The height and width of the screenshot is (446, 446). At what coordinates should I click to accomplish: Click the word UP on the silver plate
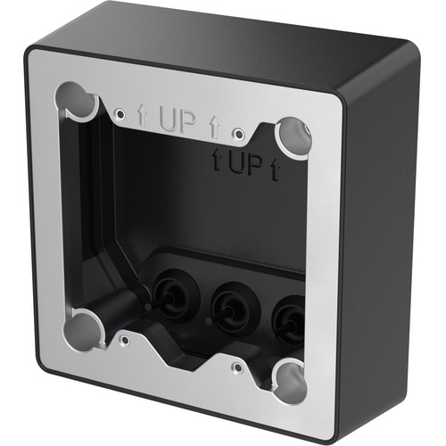pyautogui.click(x=178, y=121)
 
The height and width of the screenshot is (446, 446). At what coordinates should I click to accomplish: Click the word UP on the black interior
pyautogui.click(x=242, y=163)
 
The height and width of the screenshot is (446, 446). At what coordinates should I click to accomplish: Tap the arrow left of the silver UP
pyautogui.click(x=143, y=112)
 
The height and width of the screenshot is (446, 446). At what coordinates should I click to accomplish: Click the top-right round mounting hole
pyautogui.click(x=292, y=136)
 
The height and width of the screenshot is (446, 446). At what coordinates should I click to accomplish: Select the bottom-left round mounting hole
pyautogui.click(x=84, y=327)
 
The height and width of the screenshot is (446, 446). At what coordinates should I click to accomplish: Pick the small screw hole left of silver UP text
pyautogui.click(x=120, y=113)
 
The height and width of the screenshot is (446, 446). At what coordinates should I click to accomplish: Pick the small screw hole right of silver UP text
pyautogui.click(x=237, y=134)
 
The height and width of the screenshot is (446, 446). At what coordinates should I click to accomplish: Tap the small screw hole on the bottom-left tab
pyautogui.click(x=125, y=340)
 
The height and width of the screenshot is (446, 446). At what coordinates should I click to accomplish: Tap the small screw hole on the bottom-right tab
pyautogui.click(x=237, y=366)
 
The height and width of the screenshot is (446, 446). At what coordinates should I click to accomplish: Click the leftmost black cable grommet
pyautogui.click(x=171, y=295)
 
